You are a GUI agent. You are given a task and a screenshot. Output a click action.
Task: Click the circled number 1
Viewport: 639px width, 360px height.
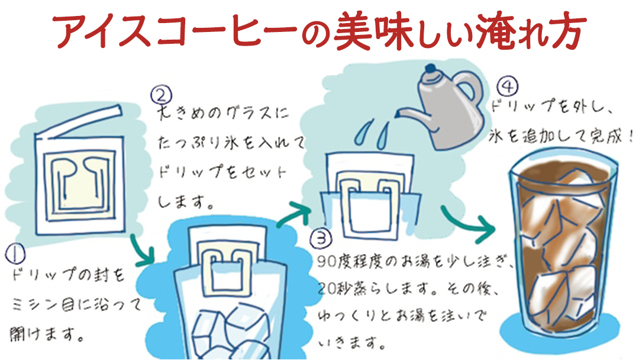(x=14, y=254)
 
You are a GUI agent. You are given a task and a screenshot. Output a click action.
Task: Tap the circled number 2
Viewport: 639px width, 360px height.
(x=162, y=94)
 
